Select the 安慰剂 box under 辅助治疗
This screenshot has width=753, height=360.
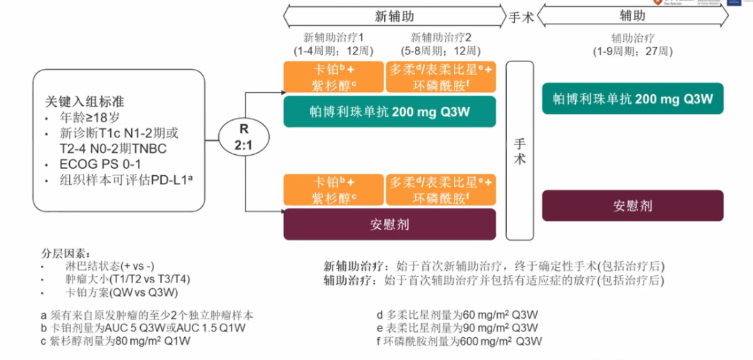tap(632, 206)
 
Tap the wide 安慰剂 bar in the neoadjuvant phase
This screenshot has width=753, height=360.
tap(389, 224)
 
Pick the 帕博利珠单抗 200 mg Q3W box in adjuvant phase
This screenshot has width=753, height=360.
tap(632, 98)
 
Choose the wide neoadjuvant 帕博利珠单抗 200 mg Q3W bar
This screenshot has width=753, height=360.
tap(389, 112)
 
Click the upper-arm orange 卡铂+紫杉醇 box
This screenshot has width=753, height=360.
tap(333, 77)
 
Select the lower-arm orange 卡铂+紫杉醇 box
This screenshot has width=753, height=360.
tap(333, 190)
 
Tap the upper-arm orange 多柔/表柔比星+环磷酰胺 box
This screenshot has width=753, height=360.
tap(441, 77)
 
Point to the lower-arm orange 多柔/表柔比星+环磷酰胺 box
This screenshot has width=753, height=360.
tap(441, 190)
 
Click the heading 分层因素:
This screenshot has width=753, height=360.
tap(66, 253)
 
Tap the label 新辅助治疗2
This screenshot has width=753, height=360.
tap(441, 37)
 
